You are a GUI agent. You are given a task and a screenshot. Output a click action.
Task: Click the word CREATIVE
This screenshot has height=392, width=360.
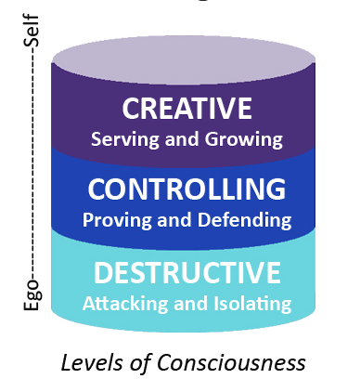[187, 108]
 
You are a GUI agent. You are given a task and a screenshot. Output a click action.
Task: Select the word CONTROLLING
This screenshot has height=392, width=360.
[186, 189]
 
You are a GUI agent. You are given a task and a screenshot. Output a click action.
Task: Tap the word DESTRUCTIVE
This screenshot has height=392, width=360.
[187, 272]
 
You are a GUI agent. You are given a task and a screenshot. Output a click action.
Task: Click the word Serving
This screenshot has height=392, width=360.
[124, 139]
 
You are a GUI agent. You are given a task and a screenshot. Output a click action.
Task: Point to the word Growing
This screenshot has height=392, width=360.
[244, 139]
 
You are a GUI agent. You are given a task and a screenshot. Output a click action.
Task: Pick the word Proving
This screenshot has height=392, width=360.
[117, 220]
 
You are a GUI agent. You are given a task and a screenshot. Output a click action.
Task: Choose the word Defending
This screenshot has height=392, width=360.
[244, 220]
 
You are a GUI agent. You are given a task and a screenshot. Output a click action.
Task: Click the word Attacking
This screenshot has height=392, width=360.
[125, 304]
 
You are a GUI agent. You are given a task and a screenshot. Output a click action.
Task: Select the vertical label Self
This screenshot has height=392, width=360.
[32, 31]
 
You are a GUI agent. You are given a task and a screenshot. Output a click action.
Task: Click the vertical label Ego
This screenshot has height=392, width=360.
[32, 294]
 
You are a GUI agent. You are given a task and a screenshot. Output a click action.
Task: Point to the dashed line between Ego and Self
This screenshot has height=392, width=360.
[33, 163]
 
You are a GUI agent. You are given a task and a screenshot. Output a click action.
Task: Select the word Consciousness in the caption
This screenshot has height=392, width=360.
[231, 362]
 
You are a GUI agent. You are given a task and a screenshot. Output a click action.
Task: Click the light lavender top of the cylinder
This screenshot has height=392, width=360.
[184, 59]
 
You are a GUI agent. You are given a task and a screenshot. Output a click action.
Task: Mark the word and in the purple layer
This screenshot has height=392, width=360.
[182, 139]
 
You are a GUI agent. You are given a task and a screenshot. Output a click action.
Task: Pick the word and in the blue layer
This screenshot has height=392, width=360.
[174, 220]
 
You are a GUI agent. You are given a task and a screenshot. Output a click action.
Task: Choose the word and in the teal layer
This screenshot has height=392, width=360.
[191, 303]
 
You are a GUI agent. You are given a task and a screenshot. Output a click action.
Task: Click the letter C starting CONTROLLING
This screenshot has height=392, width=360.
[97, 189]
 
